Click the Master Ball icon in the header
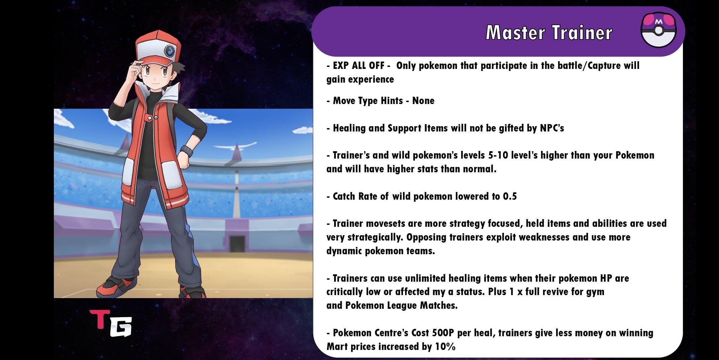click(658, 30)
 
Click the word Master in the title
click(515, 32)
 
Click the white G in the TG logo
click(121, 327)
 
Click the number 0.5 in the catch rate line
click(510, 196)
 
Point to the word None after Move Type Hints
click(423, 101)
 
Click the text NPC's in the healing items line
click(552, 128)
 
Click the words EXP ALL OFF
click(359, 66)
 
